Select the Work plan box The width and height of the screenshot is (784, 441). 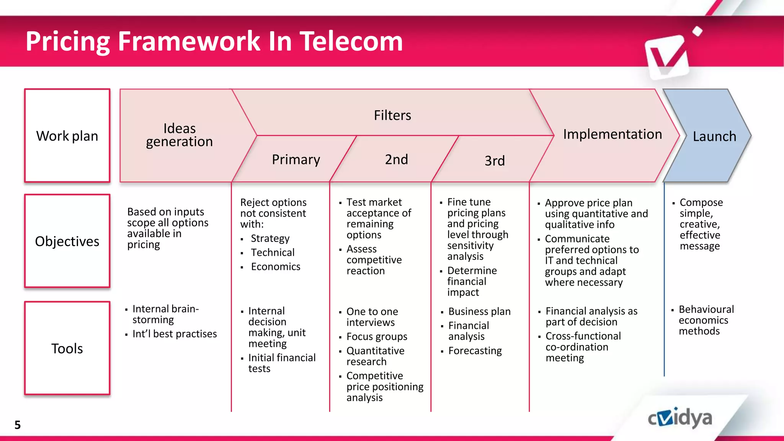click(67, 136)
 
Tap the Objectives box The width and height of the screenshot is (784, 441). click(67, 241)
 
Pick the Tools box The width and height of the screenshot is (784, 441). click(67, 348)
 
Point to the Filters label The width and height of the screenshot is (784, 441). click(392, 115)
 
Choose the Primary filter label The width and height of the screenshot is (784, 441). click(296, 159)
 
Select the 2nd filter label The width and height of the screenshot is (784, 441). click(396, 159)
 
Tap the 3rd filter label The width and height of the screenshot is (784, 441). click(495, 161)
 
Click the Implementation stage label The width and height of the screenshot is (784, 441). click(612, 134)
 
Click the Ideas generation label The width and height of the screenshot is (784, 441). click(179, 135)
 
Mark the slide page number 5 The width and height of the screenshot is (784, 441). click(18, 425)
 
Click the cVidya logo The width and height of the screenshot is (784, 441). click(680, 418)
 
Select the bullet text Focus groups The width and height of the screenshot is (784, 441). click(377, 336)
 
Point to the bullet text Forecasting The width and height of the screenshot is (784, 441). click(475, 351)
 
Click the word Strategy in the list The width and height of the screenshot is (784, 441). click(270, 238)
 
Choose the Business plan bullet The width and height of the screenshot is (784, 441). click(479, 312)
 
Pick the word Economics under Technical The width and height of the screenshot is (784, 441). click(276, 267)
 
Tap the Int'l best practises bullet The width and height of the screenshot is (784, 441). click(175, 334)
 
